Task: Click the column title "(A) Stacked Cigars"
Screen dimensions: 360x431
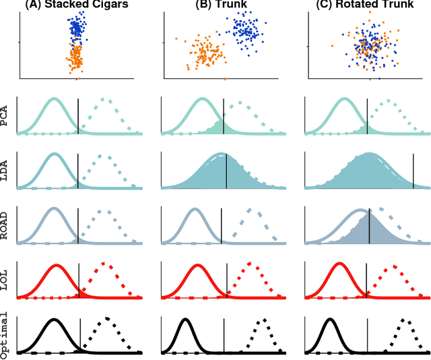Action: coord(77,6)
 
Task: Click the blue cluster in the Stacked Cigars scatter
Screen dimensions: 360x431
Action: coord(77,30)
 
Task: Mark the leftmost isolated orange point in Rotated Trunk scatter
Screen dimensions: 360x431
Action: coord(331,45)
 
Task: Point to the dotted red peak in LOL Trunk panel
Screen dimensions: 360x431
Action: coord(250,263)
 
